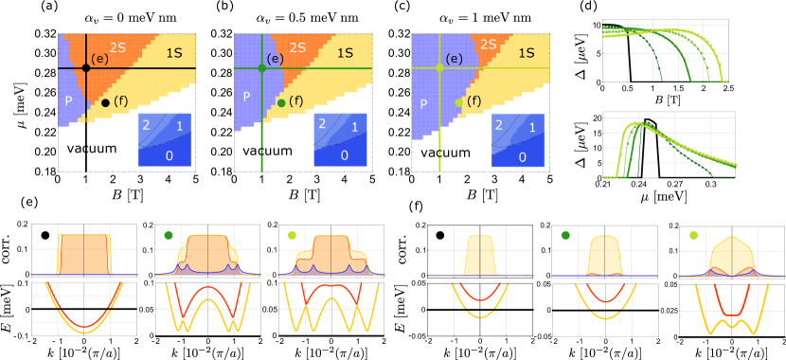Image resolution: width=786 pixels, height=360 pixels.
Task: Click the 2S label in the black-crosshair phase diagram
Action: [118, 46]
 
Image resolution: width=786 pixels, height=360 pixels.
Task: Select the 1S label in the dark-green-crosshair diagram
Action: [345, 53]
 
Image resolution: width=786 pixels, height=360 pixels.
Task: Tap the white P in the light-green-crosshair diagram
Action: [423, 104]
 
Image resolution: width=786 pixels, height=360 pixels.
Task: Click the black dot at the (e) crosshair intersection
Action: [86, 68]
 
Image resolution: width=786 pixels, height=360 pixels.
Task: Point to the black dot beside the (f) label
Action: [105, 102]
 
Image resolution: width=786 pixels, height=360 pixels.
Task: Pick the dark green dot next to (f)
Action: [281, 102]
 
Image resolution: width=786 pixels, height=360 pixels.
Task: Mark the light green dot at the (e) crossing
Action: [439, 68]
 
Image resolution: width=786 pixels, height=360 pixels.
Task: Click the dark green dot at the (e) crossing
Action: [262, 68]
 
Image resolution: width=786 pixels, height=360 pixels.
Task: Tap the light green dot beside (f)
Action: [459, 102]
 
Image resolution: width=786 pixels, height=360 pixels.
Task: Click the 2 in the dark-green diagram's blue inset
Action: [323, 123]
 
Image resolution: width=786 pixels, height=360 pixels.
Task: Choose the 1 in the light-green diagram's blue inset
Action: [530, 127]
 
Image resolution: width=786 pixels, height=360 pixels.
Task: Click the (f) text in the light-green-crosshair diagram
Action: [474, 100]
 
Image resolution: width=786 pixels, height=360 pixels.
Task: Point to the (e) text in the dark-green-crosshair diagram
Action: [275, 59]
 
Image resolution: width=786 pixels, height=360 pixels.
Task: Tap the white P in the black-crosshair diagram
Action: [68, 100]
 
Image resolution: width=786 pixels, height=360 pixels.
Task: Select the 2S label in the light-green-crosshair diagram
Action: [489, 45]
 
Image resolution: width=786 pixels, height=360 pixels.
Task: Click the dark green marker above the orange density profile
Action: [169, 235]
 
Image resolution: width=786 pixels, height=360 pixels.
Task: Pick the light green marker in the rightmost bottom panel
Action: [694, 235]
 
